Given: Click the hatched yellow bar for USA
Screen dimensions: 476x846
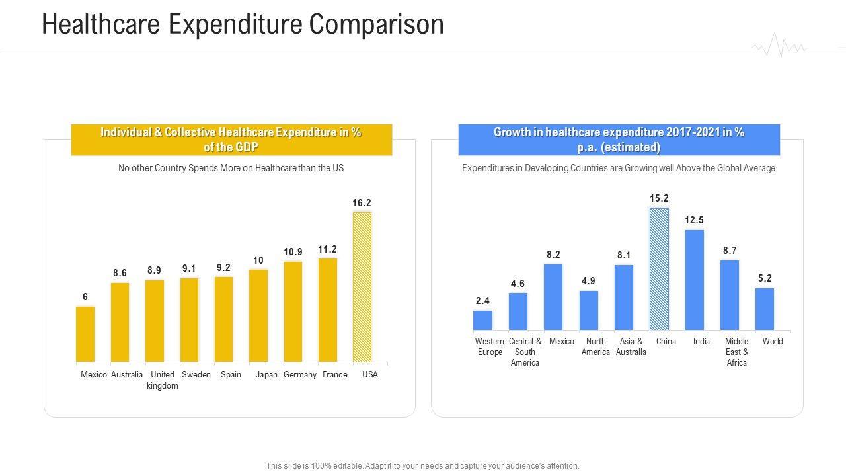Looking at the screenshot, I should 362,287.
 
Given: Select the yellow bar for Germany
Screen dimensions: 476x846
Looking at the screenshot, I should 293,311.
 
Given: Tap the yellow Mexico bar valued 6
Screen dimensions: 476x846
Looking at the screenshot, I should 85,334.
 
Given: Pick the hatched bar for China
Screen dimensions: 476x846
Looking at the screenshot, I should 659,269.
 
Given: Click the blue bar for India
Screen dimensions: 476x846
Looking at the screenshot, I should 695,280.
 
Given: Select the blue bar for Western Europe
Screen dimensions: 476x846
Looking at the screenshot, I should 483,320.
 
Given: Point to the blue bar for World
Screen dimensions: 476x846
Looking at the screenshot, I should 765,309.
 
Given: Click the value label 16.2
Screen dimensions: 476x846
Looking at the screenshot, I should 362,203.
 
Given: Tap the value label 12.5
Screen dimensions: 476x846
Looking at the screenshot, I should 694,220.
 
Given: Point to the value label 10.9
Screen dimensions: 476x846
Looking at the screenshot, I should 293,252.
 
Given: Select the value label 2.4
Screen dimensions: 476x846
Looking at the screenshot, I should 482,301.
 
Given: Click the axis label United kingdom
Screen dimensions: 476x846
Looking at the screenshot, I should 162,380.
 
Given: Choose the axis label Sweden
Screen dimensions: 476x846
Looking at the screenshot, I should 196,375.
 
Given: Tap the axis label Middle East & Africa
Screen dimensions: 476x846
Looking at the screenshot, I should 736,352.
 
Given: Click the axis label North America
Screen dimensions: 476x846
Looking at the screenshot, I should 596,346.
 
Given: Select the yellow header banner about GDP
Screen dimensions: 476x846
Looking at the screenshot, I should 231,139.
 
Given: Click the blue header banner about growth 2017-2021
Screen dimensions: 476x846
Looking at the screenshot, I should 619,139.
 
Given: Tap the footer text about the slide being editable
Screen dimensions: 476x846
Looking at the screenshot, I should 422,465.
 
